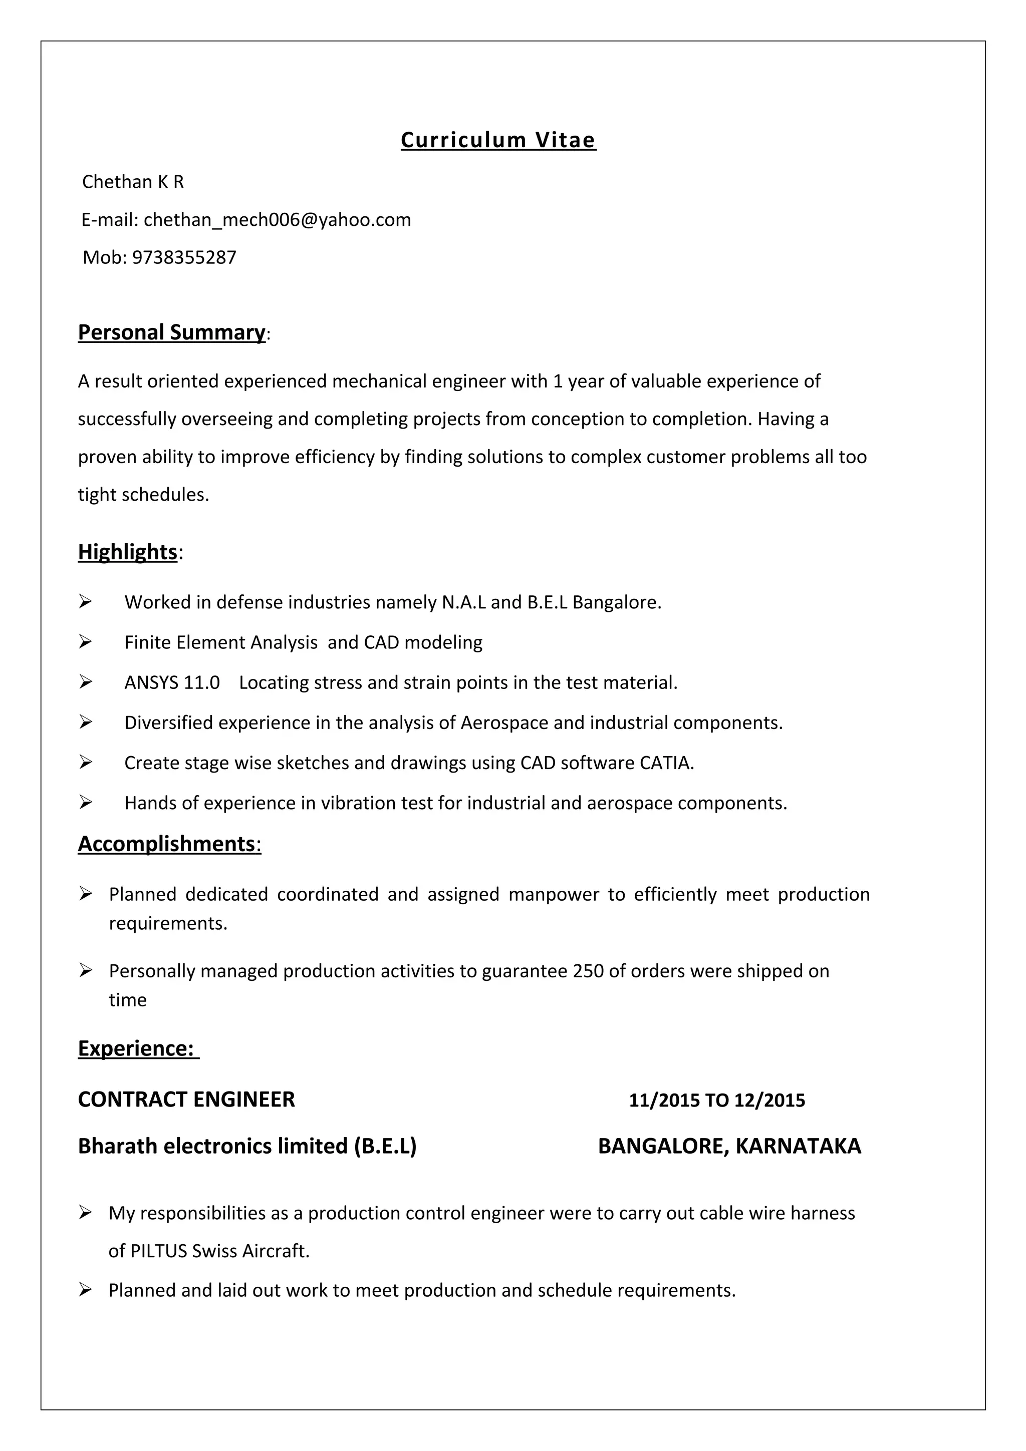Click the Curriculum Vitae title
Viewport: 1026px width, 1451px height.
point(498,140)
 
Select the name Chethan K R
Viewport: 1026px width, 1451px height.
point(133,182)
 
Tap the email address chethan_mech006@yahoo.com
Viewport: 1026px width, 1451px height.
point(277,220)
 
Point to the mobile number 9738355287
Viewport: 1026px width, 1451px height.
point(184,258)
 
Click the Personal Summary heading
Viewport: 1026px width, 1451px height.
point(171,332)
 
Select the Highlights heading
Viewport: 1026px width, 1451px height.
point(128,552)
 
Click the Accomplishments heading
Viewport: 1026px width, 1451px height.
point(169,844)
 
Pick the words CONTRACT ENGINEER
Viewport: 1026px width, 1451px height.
point(186,1100)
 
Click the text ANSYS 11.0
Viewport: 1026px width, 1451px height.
point(172,683)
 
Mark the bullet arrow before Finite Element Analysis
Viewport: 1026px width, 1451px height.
point(86,642)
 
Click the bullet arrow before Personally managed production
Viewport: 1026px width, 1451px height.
point(86,970)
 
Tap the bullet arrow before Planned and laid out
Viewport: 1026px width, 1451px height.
point(86,1290)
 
